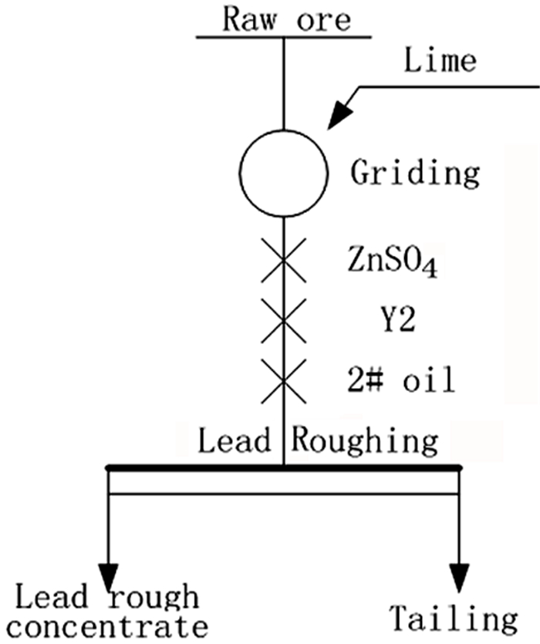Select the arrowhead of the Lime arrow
tap(336, 118)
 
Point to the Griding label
tap(415, 173)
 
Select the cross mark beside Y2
tap(283, 319)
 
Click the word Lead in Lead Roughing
tap(234, 441)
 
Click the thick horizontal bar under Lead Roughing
tap(283, 467)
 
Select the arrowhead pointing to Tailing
tap(460, 574)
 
